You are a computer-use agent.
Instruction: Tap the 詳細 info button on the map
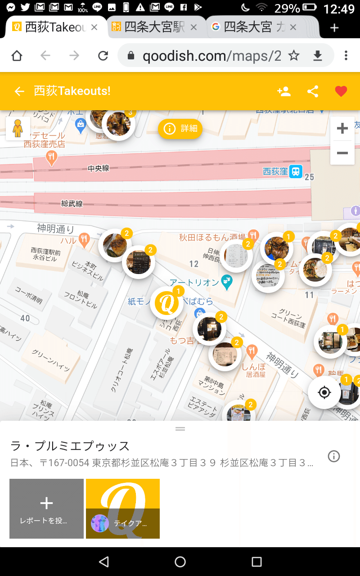tap(180, 129)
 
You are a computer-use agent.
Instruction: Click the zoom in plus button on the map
tap(342, 129)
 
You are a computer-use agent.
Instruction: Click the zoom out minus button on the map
tap(342, 153)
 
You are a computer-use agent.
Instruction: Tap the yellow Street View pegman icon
tap(18, 129)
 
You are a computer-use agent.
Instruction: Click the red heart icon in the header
tap(341, 91)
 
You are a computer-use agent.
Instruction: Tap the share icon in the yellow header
tap(313, 91)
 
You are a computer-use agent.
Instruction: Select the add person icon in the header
tap(284, 91)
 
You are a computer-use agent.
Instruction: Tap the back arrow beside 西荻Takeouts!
tap(19, 91)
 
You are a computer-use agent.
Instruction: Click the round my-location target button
tap(324, 392)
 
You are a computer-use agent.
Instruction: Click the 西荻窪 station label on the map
tap(275, 171)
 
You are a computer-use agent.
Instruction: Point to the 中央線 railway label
tap(99, 168)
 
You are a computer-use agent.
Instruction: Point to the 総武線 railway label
tap(72, 203)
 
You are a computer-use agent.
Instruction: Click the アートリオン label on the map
tap(194, 282)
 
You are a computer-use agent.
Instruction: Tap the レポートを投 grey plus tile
tap(46, 508)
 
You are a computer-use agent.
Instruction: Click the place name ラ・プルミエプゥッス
tap(70, 446)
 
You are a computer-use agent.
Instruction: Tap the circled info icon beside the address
tap(334, 456)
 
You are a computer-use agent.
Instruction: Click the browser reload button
tap(103, 55)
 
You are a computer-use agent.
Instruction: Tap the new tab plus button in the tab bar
tap(334, 28)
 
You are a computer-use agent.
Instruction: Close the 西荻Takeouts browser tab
tap(94, 27)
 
